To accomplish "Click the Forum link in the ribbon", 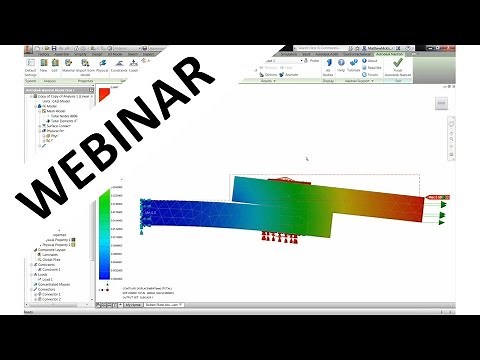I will point(373,74).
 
